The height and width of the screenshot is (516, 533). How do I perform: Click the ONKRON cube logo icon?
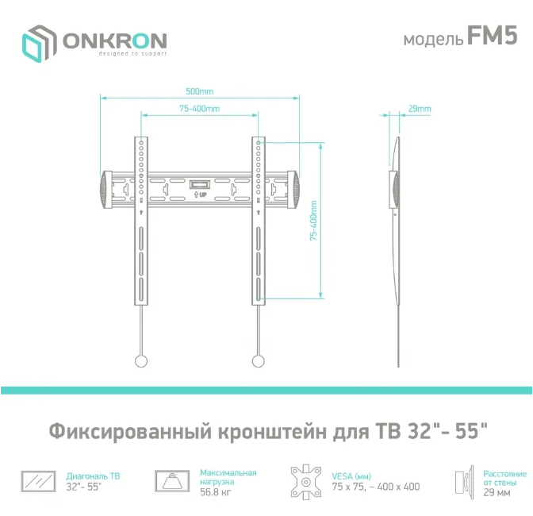pyautogui.click(x=39, y=43)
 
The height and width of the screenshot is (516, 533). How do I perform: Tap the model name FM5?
pyautogui.click(x=493, y=36)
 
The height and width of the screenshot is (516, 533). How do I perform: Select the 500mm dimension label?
pyautogui.click(x=200, y=91)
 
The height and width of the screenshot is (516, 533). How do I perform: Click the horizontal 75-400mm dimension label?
pyautogui.click(x=200, y=109)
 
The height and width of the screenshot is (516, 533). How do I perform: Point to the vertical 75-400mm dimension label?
pyautogui.click(x=313, y=221)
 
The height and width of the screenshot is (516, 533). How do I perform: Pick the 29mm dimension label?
pyautogui.click(x=420, y=109)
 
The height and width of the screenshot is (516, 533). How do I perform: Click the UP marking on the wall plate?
pyautogui.click(x=200, y=194)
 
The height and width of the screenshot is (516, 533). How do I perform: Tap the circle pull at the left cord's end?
pyautogui.click(x=141, y=361)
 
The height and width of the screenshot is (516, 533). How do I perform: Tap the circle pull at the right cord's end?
pyautogui.click(x=259, y=361)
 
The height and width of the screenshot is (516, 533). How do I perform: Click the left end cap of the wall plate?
pyautogui.click(x=106, y=190)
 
